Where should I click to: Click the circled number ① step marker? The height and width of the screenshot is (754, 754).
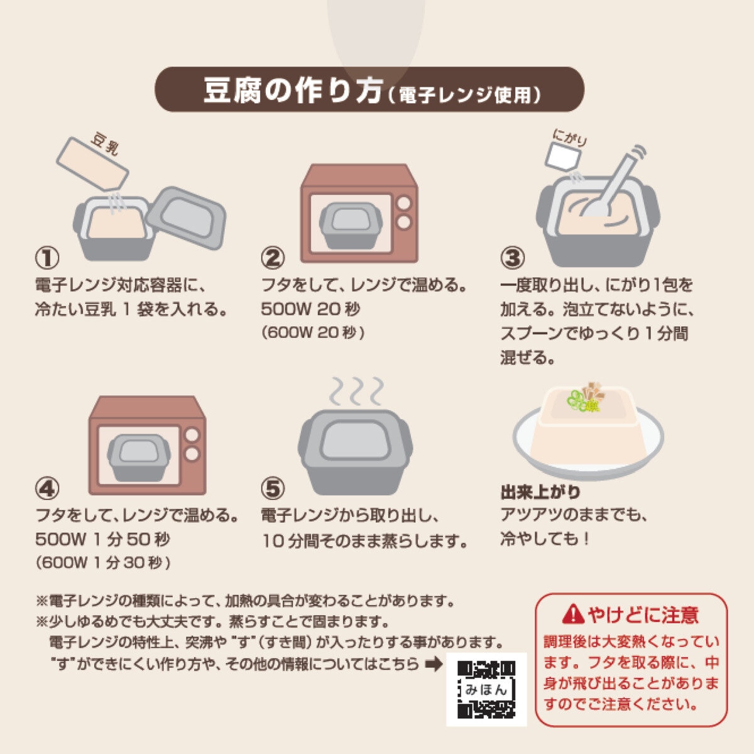coord(47,258)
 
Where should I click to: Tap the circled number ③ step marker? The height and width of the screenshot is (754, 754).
coord(512,258)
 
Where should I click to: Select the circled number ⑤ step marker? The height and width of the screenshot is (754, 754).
coord(273,489)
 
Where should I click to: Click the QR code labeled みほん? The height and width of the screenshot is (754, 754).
coord(486,689)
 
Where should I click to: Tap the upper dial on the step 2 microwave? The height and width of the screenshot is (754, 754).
coord(404,204)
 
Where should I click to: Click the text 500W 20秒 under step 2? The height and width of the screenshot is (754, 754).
coord(310,309)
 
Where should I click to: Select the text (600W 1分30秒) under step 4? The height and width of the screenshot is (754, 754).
coord(103,562)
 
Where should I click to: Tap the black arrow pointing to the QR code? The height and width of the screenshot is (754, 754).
coord(434,664)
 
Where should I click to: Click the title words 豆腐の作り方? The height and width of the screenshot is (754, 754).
coord(293,90)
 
